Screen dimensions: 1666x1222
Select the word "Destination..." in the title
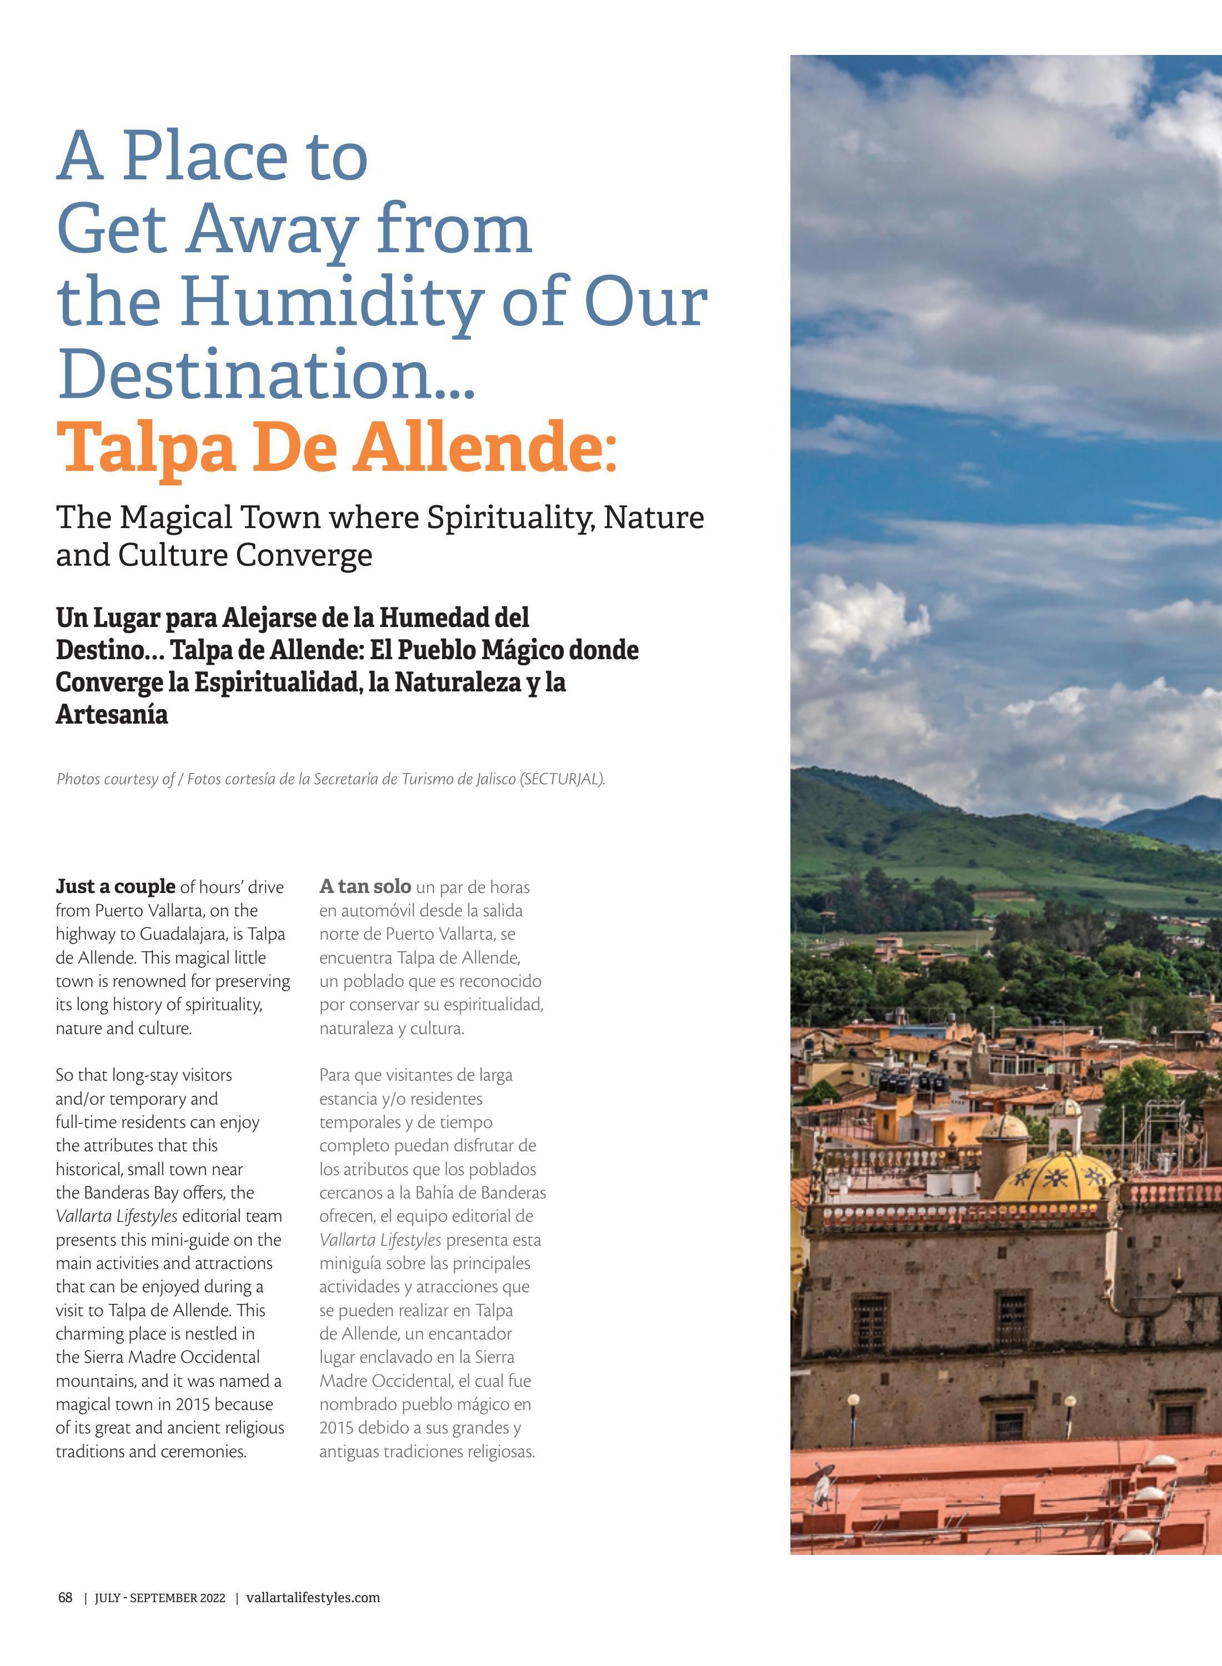click(266, 373)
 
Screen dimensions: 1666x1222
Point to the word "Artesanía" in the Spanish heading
click(112, 714)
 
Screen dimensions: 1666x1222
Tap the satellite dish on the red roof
click(822, 1494)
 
